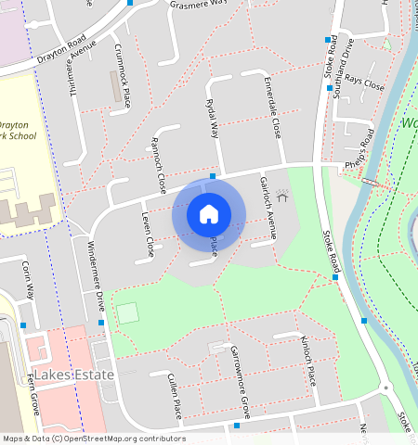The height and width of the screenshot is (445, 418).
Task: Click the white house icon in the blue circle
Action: point(209,214)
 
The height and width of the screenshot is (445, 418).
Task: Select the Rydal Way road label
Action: point(214,118)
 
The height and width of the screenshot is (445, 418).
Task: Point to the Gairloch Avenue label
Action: point(268,209)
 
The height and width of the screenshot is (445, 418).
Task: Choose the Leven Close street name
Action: point(147,234)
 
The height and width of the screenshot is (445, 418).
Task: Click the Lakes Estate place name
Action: point(80,375)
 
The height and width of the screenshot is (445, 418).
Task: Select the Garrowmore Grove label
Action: point(240,383)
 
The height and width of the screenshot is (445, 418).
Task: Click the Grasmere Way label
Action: point(199,4)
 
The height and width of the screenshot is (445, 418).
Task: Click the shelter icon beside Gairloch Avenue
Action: point(282,196)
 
